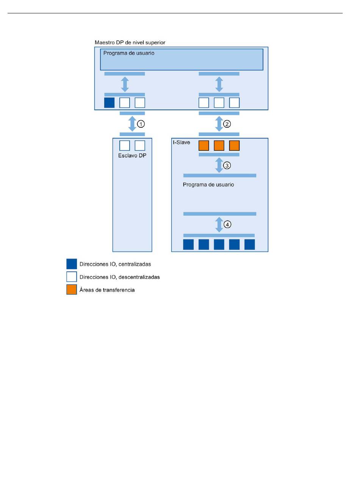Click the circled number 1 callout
click(x=141, y=124)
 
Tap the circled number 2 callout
click(x=227, y=124)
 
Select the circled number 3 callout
click(x=227, y=165)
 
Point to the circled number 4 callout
click(x=227, y=224)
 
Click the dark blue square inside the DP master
click(x=110, y=103)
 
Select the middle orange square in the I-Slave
click(x=219, y=146)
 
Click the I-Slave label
click(x=182, y=142)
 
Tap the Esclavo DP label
click(x=132, y=156)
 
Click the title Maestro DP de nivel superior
click(x=130, y=42)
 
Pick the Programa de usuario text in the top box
click(x=129, y=53)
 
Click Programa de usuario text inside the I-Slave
click(x=208, y=185)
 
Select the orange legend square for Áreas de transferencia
click(x=72, y=290)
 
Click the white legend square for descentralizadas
click(x=72, y=277)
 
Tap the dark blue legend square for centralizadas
click(x=72, y=264)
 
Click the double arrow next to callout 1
click(x=132, y=124)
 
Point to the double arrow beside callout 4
click(x=219, y=225)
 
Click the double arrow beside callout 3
click(x=219, y=165)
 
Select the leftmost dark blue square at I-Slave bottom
click(x=188, y=244)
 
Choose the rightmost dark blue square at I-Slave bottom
click(x=249, y=244)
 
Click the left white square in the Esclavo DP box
click(x=125, y=146)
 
